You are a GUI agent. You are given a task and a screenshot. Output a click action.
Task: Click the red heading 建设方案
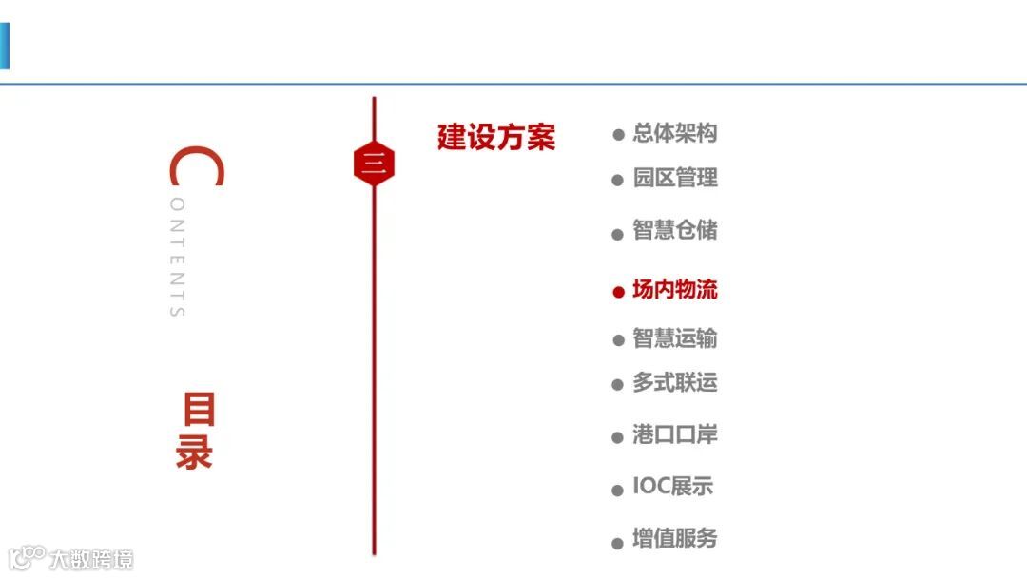pos(495,138)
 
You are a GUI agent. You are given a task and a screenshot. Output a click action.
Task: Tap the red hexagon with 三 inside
pos(374,165)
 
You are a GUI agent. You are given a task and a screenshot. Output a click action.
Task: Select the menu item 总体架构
pos(675,134)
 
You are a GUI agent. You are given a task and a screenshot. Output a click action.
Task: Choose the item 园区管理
pos(675,178)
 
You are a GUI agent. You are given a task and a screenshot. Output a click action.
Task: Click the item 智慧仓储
pos(675,230)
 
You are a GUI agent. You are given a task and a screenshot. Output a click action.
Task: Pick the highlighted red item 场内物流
pos(675,290)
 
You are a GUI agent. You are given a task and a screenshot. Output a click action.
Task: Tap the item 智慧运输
pos(675,338)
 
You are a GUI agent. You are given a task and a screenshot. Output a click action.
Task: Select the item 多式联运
pos(675,383)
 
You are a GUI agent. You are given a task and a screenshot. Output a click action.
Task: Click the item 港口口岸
pos(675,435)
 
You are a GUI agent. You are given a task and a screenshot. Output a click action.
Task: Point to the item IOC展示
pos(673,487)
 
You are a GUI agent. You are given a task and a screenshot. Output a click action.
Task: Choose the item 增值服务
pos(675,539)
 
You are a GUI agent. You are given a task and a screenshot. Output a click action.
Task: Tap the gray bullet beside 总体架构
pos(618,136)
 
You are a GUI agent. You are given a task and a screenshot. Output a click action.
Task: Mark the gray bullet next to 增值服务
pos(618,543)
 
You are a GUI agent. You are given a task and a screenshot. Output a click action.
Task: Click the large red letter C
pos(195,168)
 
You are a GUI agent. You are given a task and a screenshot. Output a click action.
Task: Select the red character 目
pos(199,411)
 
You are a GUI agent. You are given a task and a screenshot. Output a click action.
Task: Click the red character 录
pos(194,453)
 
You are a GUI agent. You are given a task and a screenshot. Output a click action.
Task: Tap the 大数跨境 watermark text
pos(91,558)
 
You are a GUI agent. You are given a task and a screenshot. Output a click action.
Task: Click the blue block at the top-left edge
pos(4,46)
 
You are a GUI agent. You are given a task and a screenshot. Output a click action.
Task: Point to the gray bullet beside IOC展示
pos(618,491)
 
